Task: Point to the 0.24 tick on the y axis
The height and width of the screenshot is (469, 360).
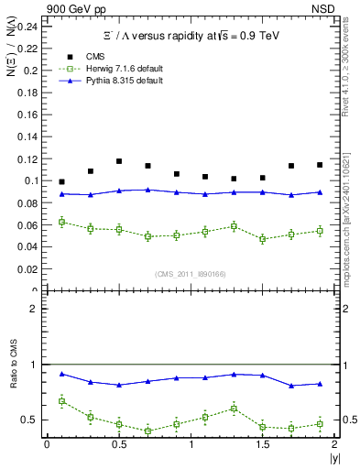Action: pos(30,26)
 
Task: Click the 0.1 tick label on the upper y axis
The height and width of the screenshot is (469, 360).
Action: pos(33,180)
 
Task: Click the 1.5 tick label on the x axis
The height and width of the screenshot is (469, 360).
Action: pos(262,444)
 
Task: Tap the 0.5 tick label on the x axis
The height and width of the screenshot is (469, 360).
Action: pos(118,444)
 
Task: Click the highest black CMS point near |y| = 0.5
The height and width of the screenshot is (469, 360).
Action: pos(119,161)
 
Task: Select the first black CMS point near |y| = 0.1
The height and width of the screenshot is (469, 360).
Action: pos(61,182)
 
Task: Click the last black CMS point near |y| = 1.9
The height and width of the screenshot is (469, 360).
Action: pos(320,165)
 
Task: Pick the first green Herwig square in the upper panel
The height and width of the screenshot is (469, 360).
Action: pos(61,222)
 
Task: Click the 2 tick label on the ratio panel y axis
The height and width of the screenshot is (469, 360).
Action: pos(35,309)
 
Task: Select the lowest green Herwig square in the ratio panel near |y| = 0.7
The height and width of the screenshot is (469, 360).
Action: pos(147,431)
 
